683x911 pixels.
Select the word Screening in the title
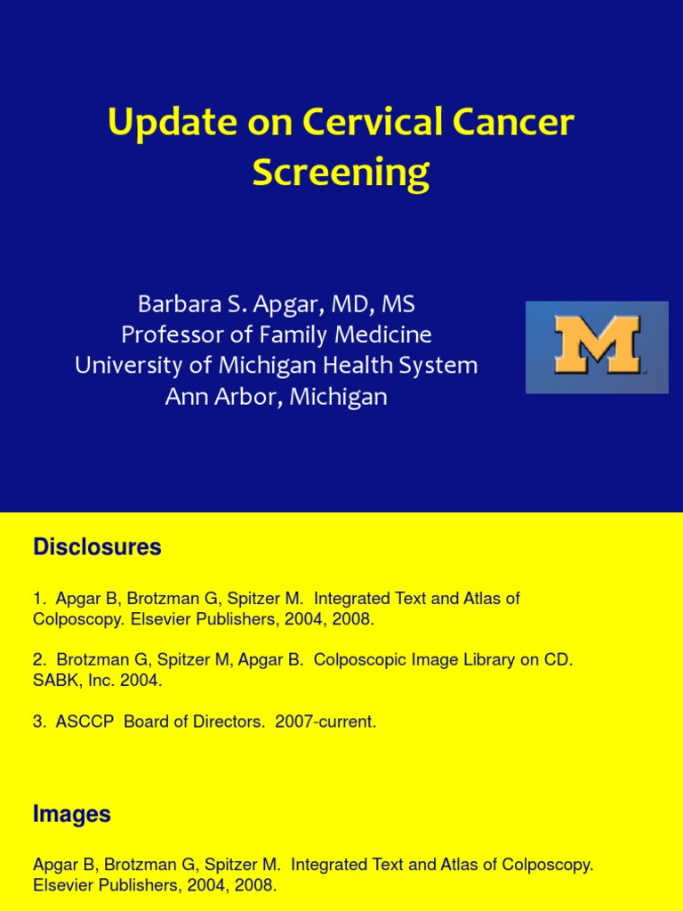tap(341, 173)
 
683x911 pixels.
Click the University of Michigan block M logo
tap(597, 347)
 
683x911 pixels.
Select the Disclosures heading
tap(97, 547)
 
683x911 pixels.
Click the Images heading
tap(71, 813)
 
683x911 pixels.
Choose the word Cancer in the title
tap(518, 123)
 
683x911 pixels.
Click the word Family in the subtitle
tap(298, 335)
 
